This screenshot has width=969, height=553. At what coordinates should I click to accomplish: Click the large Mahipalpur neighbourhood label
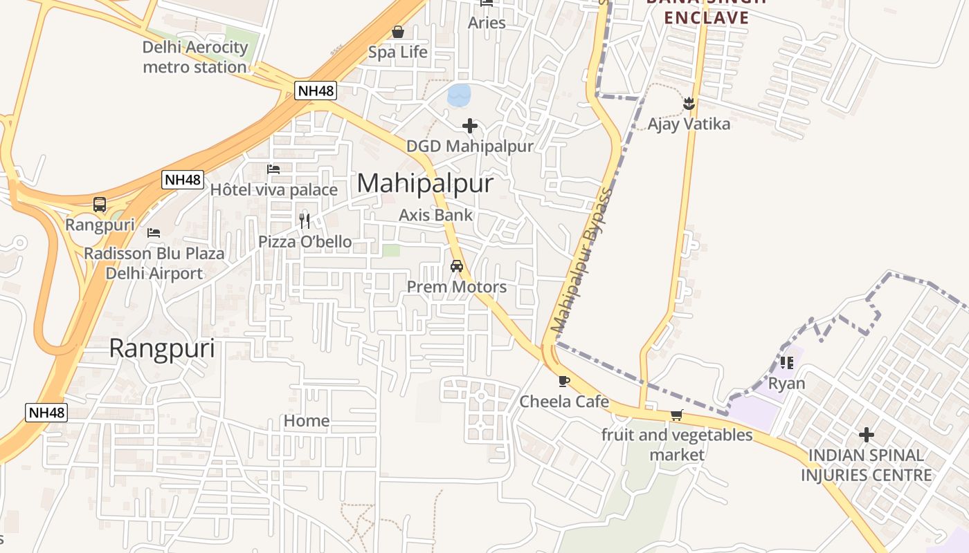(425, 183)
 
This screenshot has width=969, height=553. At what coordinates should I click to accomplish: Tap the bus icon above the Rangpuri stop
(100, 205)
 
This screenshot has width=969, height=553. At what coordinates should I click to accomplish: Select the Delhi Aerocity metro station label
(194, 57)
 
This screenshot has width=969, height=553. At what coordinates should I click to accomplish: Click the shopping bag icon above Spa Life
(398, 32)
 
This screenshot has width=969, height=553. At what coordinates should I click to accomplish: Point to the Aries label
(487, 23)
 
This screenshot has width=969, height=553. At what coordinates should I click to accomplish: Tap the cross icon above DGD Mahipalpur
(470, 126)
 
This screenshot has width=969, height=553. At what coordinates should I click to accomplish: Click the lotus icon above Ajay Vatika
(689, 104)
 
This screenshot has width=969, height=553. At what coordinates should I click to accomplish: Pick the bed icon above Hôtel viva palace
(273, 169)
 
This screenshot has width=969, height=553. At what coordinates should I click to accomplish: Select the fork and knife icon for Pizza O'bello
(305, 221)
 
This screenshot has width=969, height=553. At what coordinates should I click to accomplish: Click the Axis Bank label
(436, 215)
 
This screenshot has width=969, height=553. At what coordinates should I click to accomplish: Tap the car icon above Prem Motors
(457, 266)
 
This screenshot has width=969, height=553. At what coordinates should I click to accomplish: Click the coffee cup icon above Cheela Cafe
(564, 381)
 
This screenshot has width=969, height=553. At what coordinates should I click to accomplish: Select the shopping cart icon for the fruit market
(676, 415)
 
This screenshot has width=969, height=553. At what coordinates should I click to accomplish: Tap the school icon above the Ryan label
(786, 362)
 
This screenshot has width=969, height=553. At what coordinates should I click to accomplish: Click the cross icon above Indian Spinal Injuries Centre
(866, 435)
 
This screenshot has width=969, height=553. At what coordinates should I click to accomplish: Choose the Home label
(307, 420)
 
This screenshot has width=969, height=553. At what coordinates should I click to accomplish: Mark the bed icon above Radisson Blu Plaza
(154, 233)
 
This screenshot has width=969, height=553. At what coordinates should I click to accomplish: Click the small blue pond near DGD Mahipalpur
(459, 94)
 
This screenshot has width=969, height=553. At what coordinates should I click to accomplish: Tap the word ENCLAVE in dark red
(707, 18)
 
